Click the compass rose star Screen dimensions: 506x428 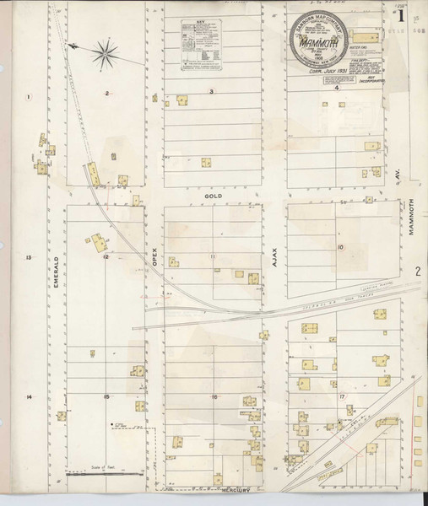[x=106, y=53]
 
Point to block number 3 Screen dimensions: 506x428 [x=212, y=90]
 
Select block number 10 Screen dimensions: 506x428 [x=339, y=247]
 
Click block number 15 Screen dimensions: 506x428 [x=106, y=396]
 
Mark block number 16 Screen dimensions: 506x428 [x=214, y=396]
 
